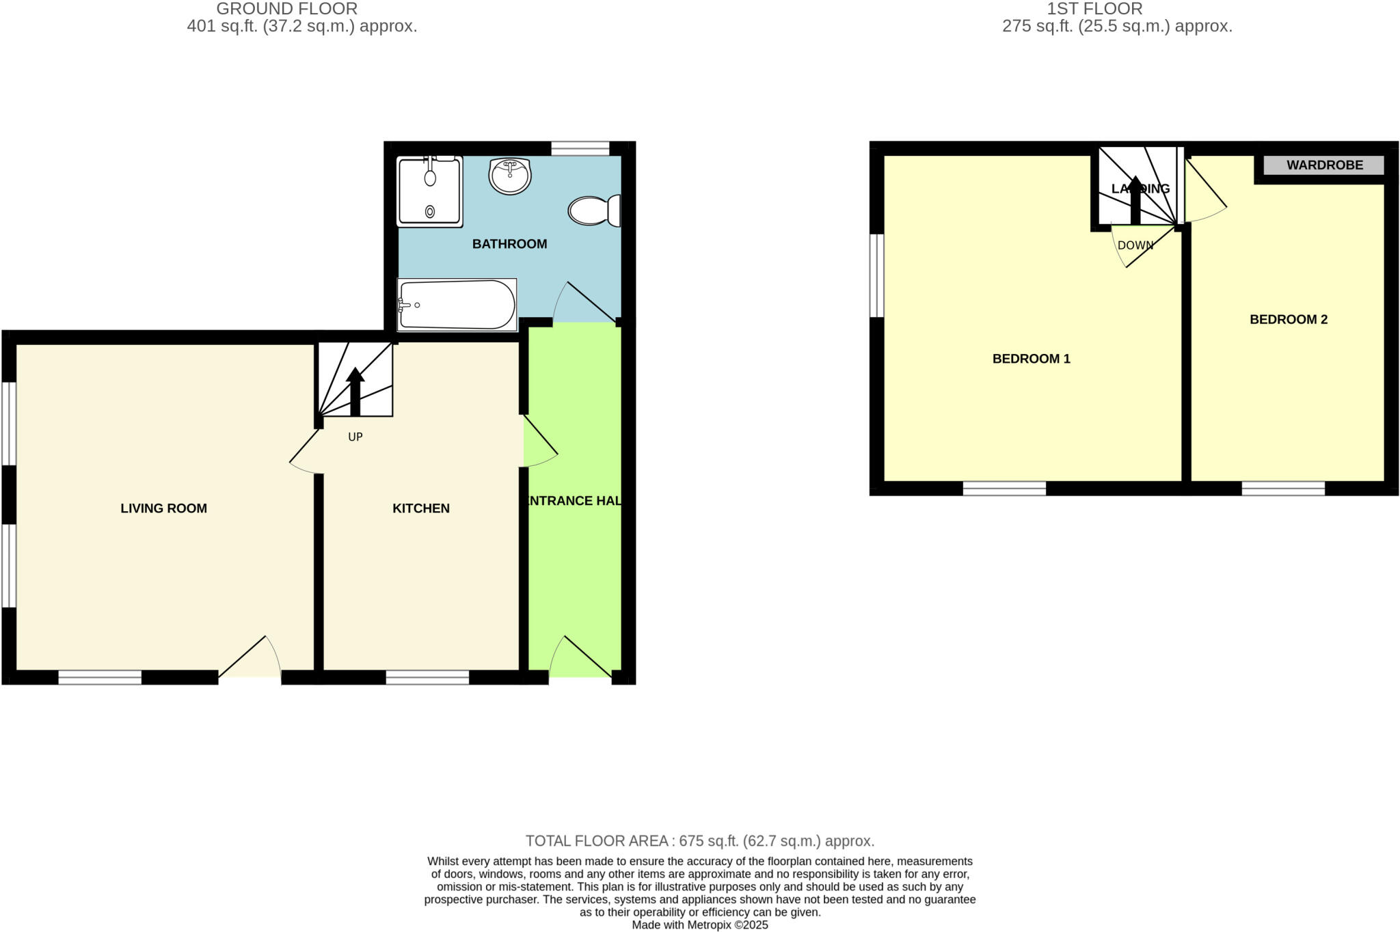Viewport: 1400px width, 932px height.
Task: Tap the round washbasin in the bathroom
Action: click(510, 176)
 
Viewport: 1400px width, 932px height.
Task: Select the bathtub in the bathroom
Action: click(457, 305)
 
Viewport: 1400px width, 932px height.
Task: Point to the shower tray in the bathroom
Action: click(430, 192)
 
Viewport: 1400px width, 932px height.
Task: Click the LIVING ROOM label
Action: click(163, 508)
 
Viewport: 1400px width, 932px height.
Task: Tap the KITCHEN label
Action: click(421, 508)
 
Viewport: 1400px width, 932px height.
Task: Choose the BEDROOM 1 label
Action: click(1031, 359)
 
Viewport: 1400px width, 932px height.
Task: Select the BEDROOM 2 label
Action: click(1289, 319)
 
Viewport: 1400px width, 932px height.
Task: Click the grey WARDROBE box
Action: click(1324, 165)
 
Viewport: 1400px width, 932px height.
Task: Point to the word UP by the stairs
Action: click(355, 437)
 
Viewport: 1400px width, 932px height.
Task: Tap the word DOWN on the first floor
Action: click(1135, 245)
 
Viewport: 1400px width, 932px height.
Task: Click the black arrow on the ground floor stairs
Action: click(355, 392)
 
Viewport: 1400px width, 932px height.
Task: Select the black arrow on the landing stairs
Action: click(1135, 200)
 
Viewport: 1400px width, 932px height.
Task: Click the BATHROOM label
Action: click(509, 244)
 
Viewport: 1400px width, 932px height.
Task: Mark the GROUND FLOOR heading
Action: click(287, 9)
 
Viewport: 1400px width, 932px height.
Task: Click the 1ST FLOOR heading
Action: click(1094, 9)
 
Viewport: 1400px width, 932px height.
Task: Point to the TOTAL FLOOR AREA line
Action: click(700, 841)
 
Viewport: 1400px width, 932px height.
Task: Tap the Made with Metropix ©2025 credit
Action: click(700, 925)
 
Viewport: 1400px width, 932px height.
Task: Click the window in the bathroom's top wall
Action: click(580, 148)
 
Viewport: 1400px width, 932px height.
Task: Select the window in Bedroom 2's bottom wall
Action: click(1283, 488)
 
